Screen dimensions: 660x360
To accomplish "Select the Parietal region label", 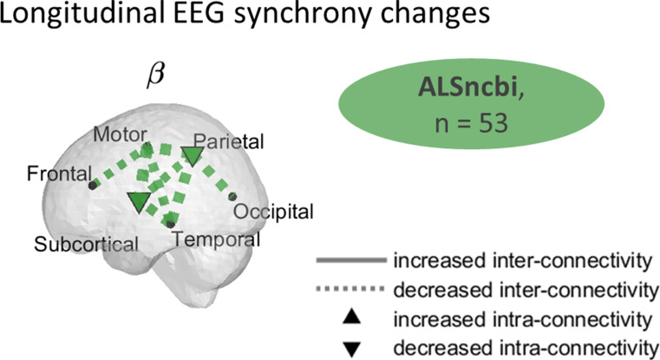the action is (x=230, y=141).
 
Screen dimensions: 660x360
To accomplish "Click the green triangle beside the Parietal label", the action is (x=192, y=156).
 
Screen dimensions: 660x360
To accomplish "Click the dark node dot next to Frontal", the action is (x=92, y=185).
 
